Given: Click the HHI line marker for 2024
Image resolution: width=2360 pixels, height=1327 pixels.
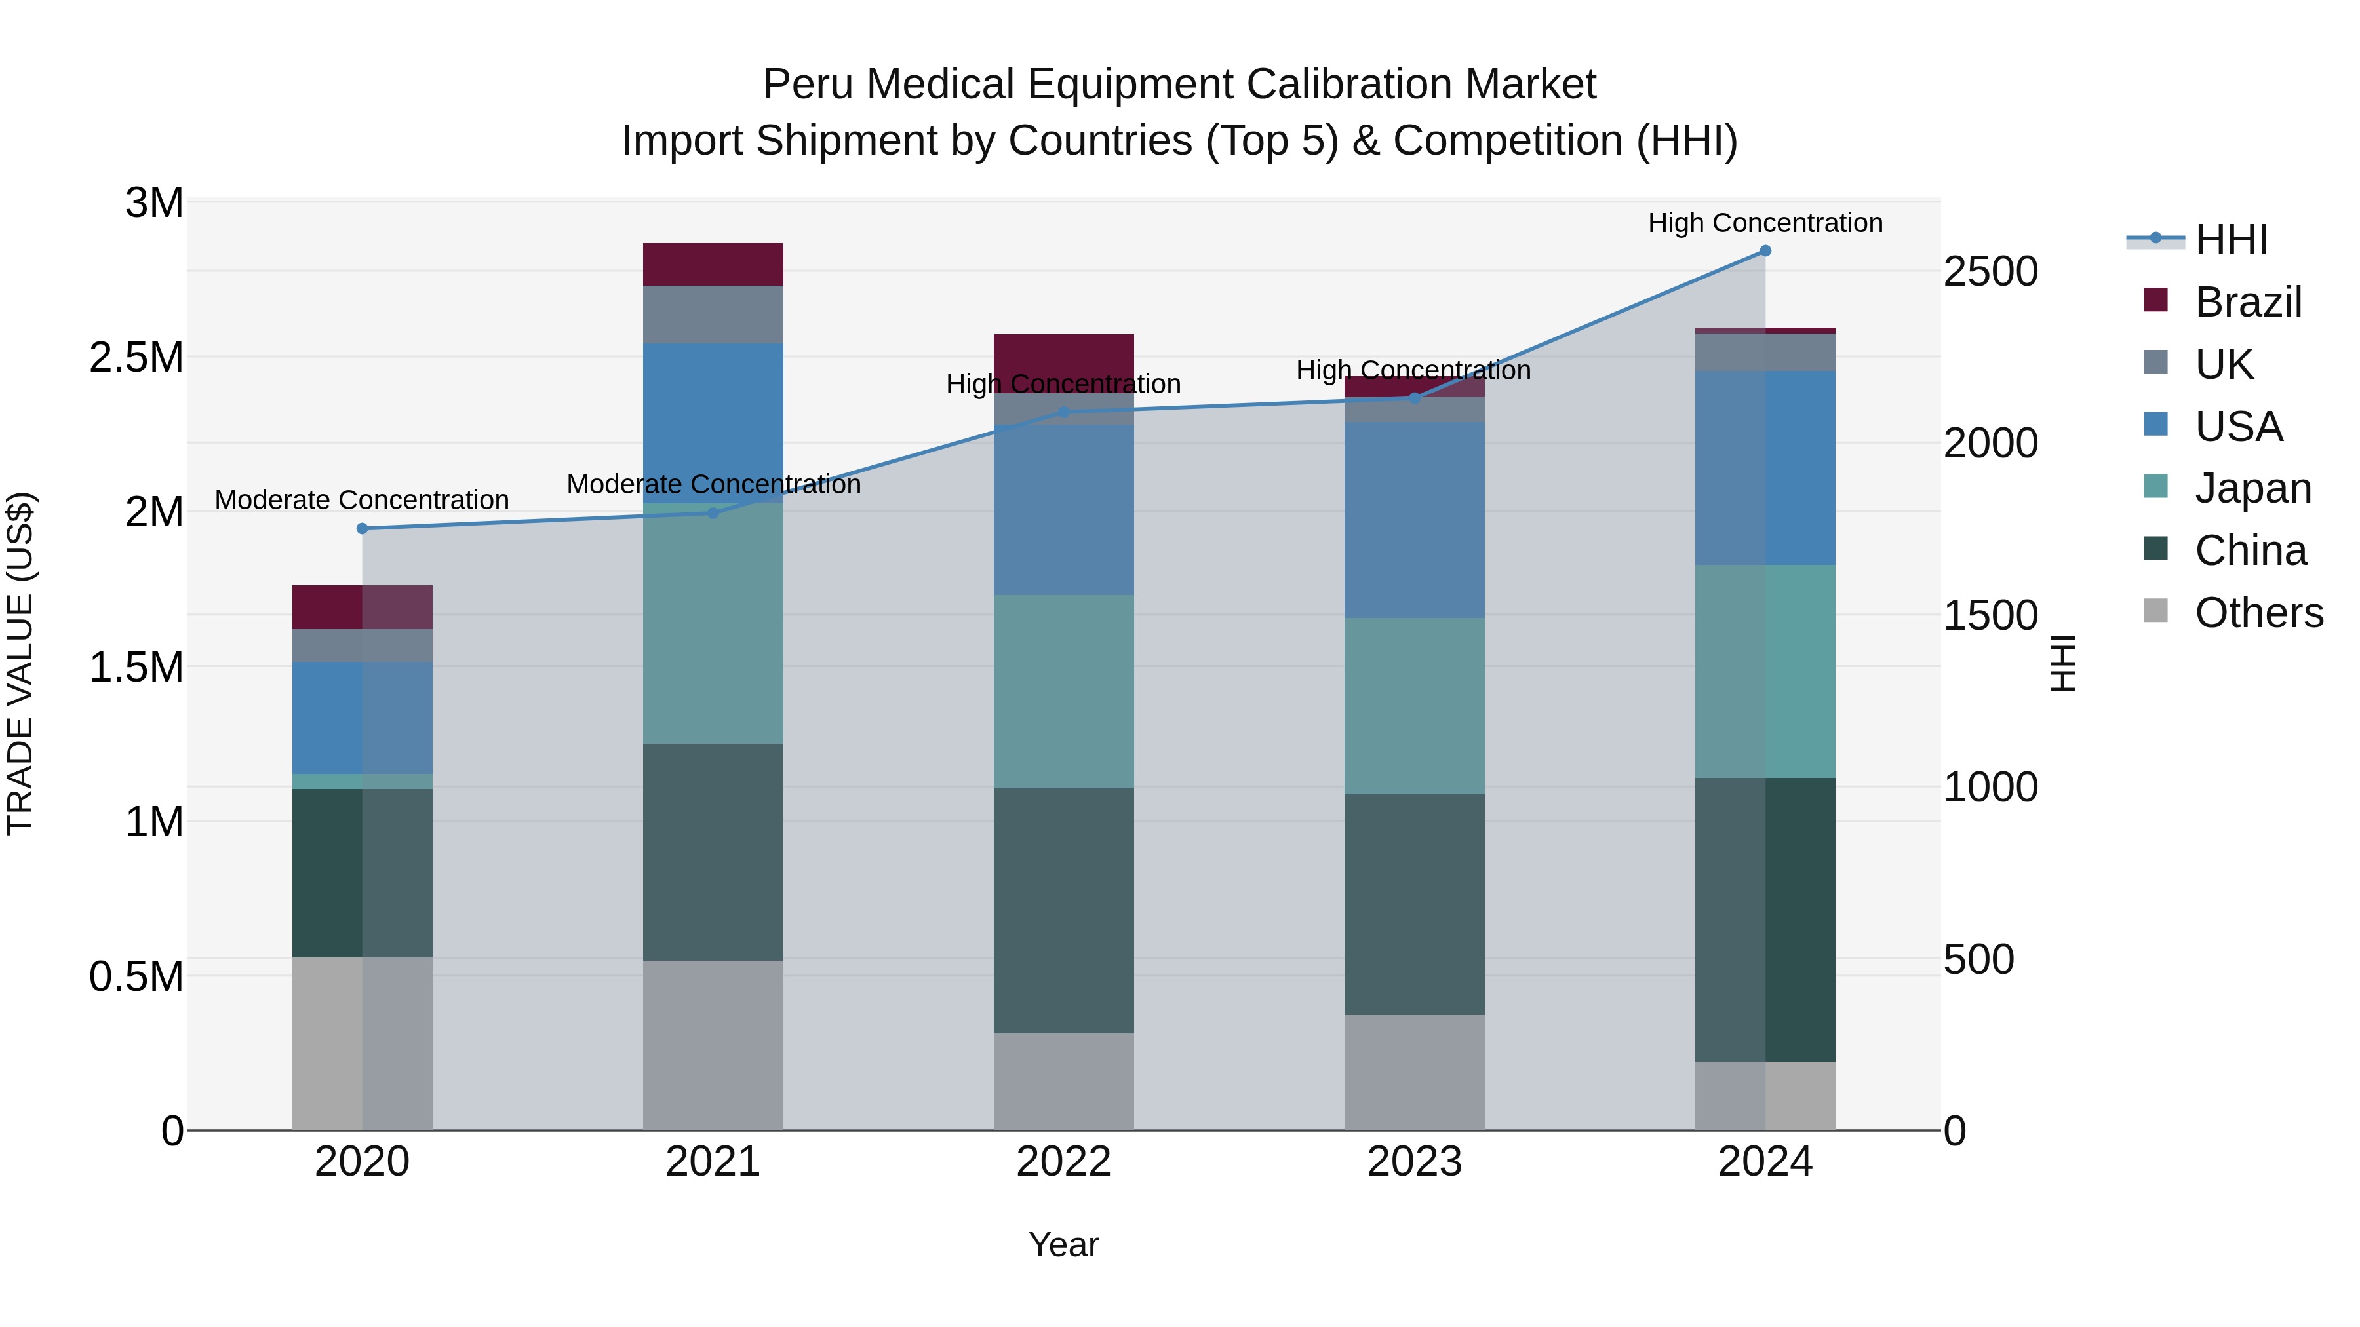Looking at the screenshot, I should click(1765, 251).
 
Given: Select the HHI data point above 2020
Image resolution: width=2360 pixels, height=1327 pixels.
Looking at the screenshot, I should click(362, 528).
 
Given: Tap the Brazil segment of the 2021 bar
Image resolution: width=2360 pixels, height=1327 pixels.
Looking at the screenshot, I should click(713, 265).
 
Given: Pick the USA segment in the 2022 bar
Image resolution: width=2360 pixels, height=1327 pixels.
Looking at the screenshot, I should click(1064, 509).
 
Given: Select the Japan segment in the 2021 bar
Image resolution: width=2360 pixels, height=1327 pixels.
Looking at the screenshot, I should click(713, 623).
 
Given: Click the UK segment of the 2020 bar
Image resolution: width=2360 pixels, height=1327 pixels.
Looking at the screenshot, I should click(362, 645).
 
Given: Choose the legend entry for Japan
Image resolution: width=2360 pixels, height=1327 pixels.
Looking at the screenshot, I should click(2252, 488).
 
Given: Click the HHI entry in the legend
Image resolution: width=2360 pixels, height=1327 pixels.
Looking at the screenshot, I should click(2231, 240).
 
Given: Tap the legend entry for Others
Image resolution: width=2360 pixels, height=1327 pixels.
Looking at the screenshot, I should click(2258, 613).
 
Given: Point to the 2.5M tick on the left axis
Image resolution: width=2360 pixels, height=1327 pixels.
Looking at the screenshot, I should click(136, 357).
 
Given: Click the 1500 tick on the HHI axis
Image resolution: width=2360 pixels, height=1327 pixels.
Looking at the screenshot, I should click(1990, 615).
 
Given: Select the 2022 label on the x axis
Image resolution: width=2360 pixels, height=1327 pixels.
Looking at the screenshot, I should click(1064, 1162).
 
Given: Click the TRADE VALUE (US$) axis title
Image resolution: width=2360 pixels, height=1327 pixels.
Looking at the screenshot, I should click(20, 664).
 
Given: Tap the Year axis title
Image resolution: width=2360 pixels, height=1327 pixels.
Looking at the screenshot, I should click(1064, 1244).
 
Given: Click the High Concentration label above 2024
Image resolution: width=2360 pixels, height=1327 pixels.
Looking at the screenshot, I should click(1765, 223).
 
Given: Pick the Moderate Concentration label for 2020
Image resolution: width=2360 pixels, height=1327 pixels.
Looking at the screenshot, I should click(362, 500).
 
